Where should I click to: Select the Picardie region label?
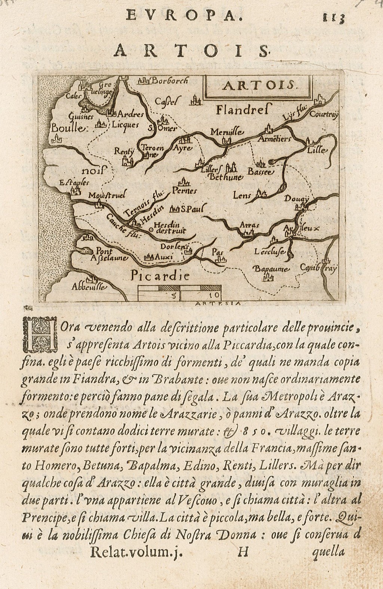pyautogui.click(x=158, y=276)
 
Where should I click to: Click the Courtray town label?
pyautogui.click(x=323, y=115)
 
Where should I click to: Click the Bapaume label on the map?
pyautogui.click(x=271, y=269)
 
